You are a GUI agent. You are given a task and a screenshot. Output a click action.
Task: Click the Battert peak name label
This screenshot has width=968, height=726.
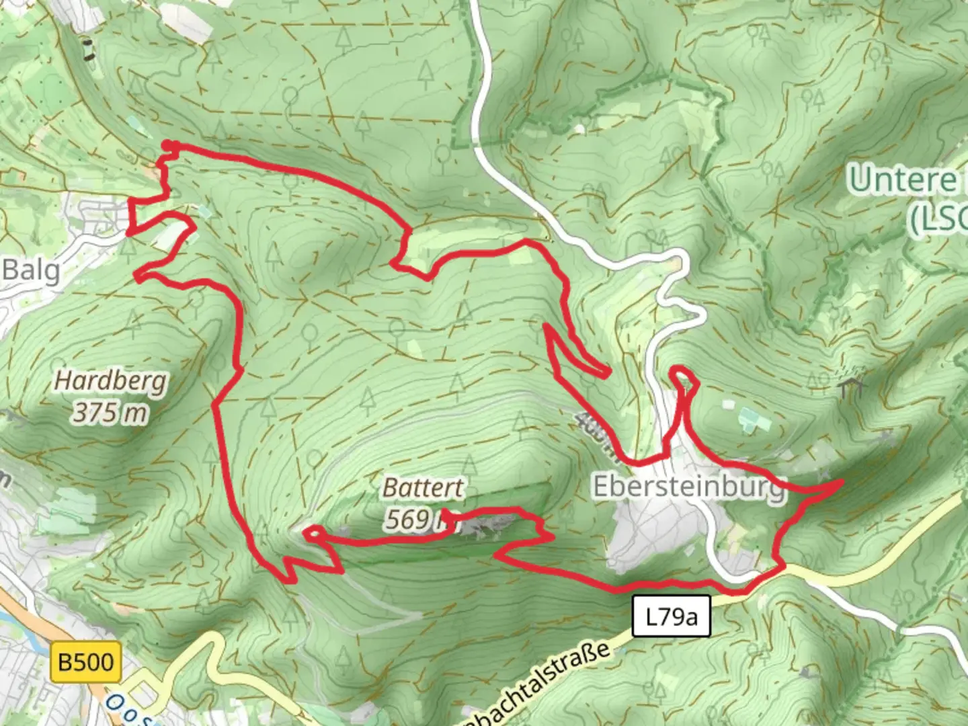click(x=423, y=487)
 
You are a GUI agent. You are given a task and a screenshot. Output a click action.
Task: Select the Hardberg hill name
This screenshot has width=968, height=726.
click(x=110, y=381)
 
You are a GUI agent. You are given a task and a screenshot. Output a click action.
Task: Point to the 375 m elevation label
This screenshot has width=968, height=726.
click(x=110, y=412)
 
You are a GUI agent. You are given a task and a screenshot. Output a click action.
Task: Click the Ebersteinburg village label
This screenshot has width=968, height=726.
click(x=688, y=486)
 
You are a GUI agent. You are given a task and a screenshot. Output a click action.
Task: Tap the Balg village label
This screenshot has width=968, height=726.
click(x=31, y=270)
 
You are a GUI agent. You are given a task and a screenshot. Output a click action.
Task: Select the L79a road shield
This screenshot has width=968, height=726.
click(x=671, y=616)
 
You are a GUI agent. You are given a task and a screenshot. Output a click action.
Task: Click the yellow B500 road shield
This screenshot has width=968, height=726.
click(x=87, y=661)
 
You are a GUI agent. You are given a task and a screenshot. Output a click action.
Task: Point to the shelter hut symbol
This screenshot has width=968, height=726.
click(x=850, y=387)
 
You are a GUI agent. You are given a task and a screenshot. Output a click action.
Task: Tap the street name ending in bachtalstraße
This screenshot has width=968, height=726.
click(x=538, y=686)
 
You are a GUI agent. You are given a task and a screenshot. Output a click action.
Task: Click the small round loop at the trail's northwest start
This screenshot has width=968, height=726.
click(x=169, y=146)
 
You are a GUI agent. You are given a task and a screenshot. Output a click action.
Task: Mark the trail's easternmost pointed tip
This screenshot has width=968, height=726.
click(x=841, y=482)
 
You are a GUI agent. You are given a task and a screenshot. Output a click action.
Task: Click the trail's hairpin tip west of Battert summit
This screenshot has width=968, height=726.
click(x=309, y=533)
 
